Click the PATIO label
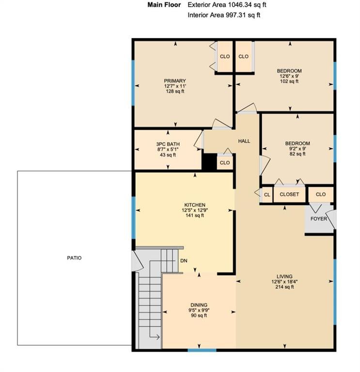[x=74, y=258]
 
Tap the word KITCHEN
[x=195, y=205]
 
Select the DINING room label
[x=199, y=305]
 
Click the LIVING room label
[x=284, y=277]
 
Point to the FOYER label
[x=319, y=219]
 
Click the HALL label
[x=244, y=141]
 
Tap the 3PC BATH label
[x=168, y=144]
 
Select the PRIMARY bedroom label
[x=175, y=81]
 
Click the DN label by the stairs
[x=184, y=261]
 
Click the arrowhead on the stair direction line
[x=158, y=337]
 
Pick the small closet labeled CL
[x=267, y=195]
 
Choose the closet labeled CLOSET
[x=290, y=194]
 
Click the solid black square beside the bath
[x=209, y=162]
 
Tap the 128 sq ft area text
[x=175, y=92]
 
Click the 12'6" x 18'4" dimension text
[x=284, y=281]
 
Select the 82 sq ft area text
[x=297, y=154]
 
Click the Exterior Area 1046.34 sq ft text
[x=227, y=5]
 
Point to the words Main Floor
[x=164, y=5]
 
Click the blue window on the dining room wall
[x=202, y=350]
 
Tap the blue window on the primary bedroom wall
[x=133, y=82]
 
